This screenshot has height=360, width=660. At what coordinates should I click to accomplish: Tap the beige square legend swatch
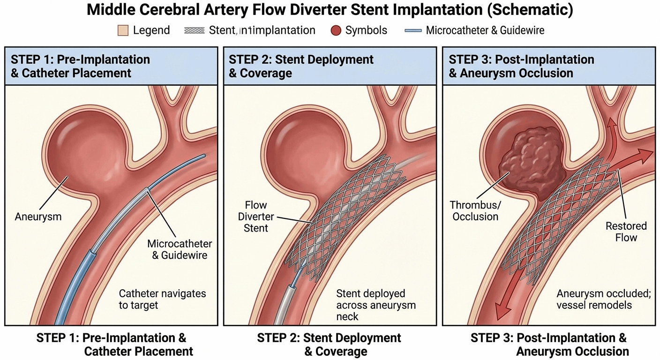click(x=123, y=31)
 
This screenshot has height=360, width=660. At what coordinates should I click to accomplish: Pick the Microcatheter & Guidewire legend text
click(x=485, y=31)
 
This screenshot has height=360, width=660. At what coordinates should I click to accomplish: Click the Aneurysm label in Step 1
click(x=38, y=217)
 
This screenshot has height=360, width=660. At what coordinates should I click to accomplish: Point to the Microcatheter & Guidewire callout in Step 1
click(x=180, y=249)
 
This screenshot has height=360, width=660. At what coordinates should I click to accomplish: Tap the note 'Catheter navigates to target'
click(x=162, y=299)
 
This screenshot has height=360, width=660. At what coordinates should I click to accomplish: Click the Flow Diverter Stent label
click(x=256, y=217)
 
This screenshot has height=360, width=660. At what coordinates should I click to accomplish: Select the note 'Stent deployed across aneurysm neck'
click(x=376, y=305)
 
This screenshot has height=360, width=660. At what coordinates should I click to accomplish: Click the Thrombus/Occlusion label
click(x=474, y=211)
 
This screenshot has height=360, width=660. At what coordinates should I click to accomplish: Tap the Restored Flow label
click(x=626, y=232)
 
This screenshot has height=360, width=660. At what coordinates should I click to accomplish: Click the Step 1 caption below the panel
click(x=111, y=345)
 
